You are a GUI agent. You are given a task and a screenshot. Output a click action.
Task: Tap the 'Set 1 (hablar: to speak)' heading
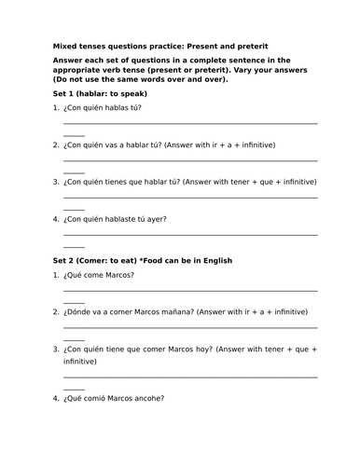101,95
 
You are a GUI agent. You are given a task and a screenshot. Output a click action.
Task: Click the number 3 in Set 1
56,182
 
